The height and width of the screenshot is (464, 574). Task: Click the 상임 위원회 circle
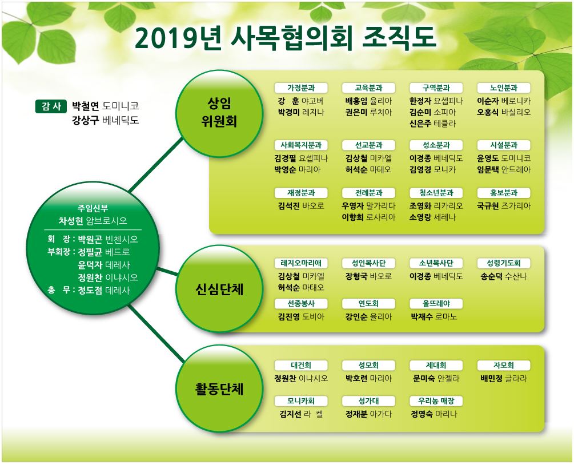click(x=214, y=113)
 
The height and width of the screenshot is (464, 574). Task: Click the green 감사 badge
click(x=51, y=106)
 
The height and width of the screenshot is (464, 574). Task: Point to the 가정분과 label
click(x=302, y=88)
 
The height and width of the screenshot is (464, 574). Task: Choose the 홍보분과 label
click(x=504, y=193)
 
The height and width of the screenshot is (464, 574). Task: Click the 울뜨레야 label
click(x=436, y=304)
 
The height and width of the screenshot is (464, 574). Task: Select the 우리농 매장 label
click(x=436, y=401)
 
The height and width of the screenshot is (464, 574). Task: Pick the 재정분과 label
click(x=302, y=193)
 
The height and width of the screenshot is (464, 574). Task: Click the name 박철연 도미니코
click(x=106, y=106)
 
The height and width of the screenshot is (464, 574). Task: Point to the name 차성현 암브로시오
click(x=93, y=221)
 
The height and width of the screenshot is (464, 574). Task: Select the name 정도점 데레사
click(x=104, y=291)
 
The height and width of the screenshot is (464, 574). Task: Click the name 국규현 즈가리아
click(x=504, y=205)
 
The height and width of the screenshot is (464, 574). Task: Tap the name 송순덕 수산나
click(x=504, y=276)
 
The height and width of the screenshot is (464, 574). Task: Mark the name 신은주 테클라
click(x=433, y=123)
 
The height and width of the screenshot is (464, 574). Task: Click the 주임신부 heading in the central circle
click(x=93, y=208)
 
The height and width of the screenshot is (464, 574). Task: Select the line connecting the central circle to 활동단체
click(x=154, y=334)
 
